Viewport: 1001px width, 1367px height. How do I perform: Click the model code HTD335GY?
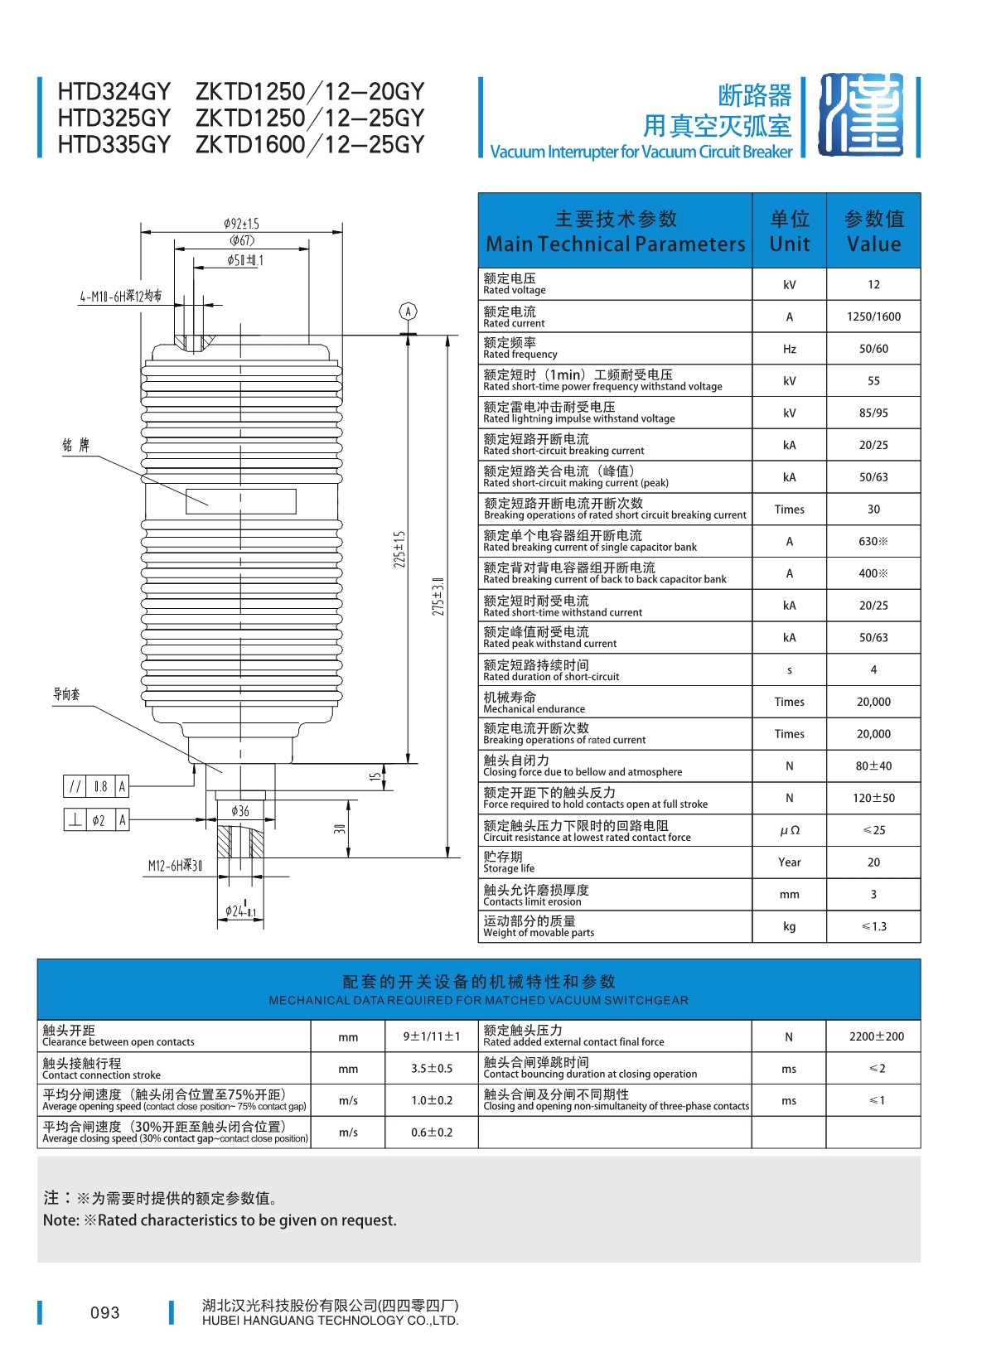[x=114, y=145]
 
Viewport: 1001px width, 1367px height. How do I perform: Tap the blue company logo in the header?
[x=861, y=115]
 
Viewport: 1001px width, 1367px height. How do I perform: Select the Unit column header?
[x=789, y=231]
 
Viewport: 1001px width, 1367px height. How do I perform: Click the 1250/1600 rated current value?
[x=873, y=316]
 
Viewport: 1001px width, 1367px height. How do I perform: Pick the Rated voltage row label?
[x=515, y=284]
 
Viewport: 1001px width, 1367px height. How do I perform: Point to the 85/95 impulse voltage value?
[x=873, y=413]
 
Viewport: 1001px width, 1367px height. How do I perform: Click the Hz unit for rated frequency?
[x=789, y=349]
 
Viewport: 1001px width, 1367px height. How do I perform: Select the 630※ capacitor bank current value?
[x=873, y=541]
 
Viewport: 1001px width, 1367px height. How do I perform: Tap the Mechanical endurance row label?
[x=534, y=703]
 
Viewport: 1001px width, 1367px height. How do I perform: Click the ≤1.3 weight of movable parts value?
[x=873, y=926]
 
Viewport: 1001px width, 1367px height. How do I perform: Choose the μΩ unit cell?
[x=789, y=830]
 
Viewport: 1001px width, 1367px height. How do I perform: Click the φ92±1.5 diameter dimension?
[x=241, y=224]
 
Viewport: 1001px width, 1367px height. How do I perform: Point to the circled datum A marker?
[x=408, y=312]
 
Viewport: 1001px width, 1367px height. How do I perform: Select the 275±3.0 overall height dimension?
[x=438, y=596]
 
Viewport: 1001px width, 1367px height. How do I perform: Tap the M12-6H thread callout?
[x=175, y=866]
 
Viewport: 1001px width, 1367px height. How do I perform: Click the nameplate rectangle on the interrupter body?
[x=241, y=501]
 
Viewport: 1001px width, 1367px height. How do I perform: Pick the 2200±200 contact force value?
[x=877, y=1036]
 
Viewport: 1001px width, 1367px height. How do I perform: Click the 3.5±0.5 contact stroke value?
[x=432, y=1069]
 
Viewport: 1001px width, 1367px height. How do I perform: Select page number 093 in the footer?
[x=105, y=1312]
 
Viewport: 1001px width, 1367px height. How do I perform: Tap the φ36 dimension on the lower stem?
[x=240, y=811]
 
